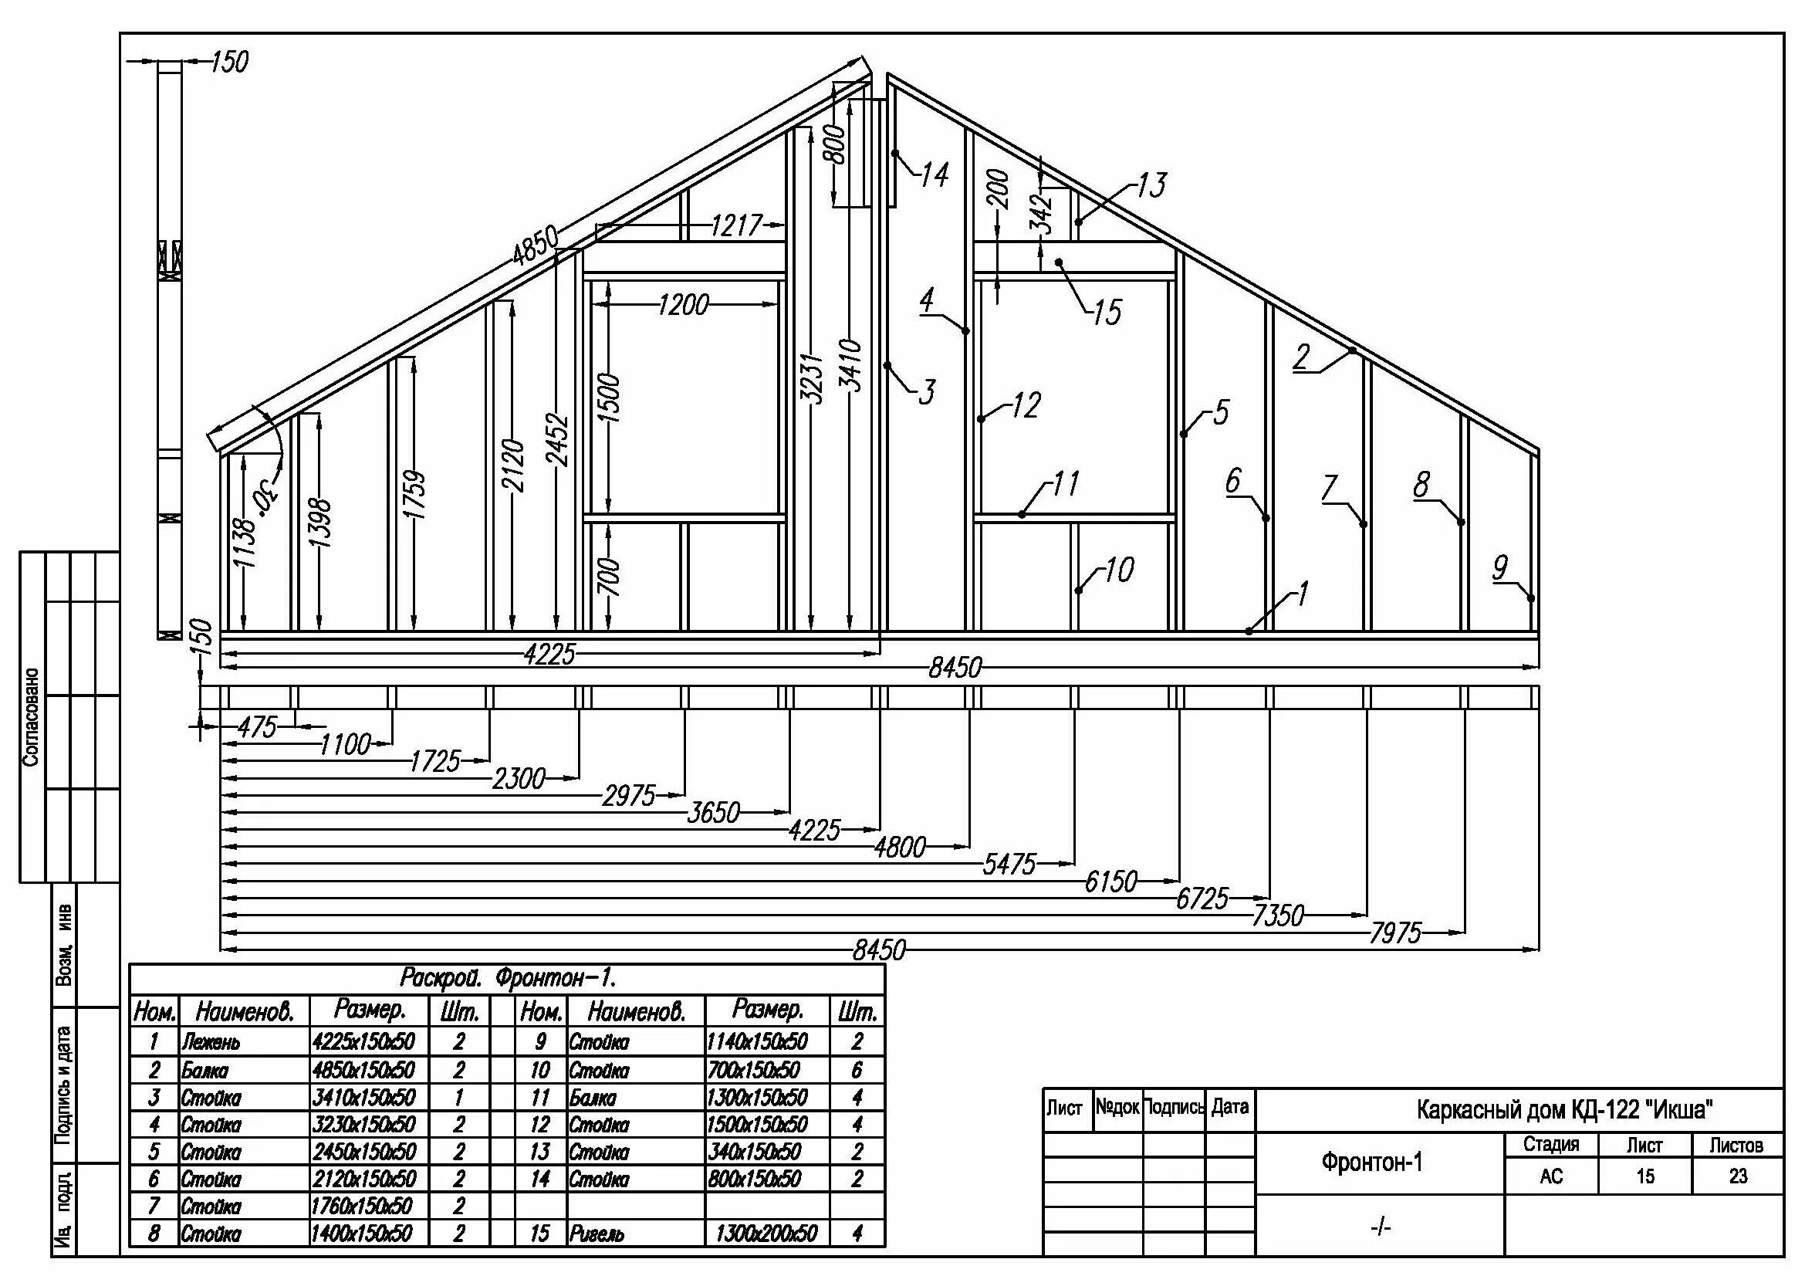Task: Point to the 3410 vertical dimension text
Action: click(850, 365)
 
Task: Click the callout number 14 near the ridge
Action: click(934, 174)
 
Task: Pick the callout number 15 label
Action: click(1107, 313)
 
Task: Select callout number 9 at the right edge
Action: click(1500, 567)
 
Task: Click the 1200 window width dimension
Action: click(683, 304)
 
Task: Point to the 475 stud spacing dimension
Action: click(257, 727)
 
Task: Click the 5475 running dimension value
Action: click(1009, 865)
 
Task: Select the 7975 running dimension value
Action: click(1395, 933)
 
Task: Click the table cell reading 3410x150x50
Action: click(363, 1097)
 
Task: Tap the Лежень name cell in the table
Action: click(211, 1043)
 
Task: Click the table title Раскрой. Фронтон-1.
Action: click(507, 979)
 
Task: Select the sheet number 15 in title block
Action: click(1644, 1177)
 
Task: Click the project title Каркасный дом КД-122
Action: click(1564, 1110)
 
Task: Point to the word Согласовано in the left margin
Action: click(31, 718)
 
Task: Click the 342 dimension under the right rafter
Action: click(1041, 214)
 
